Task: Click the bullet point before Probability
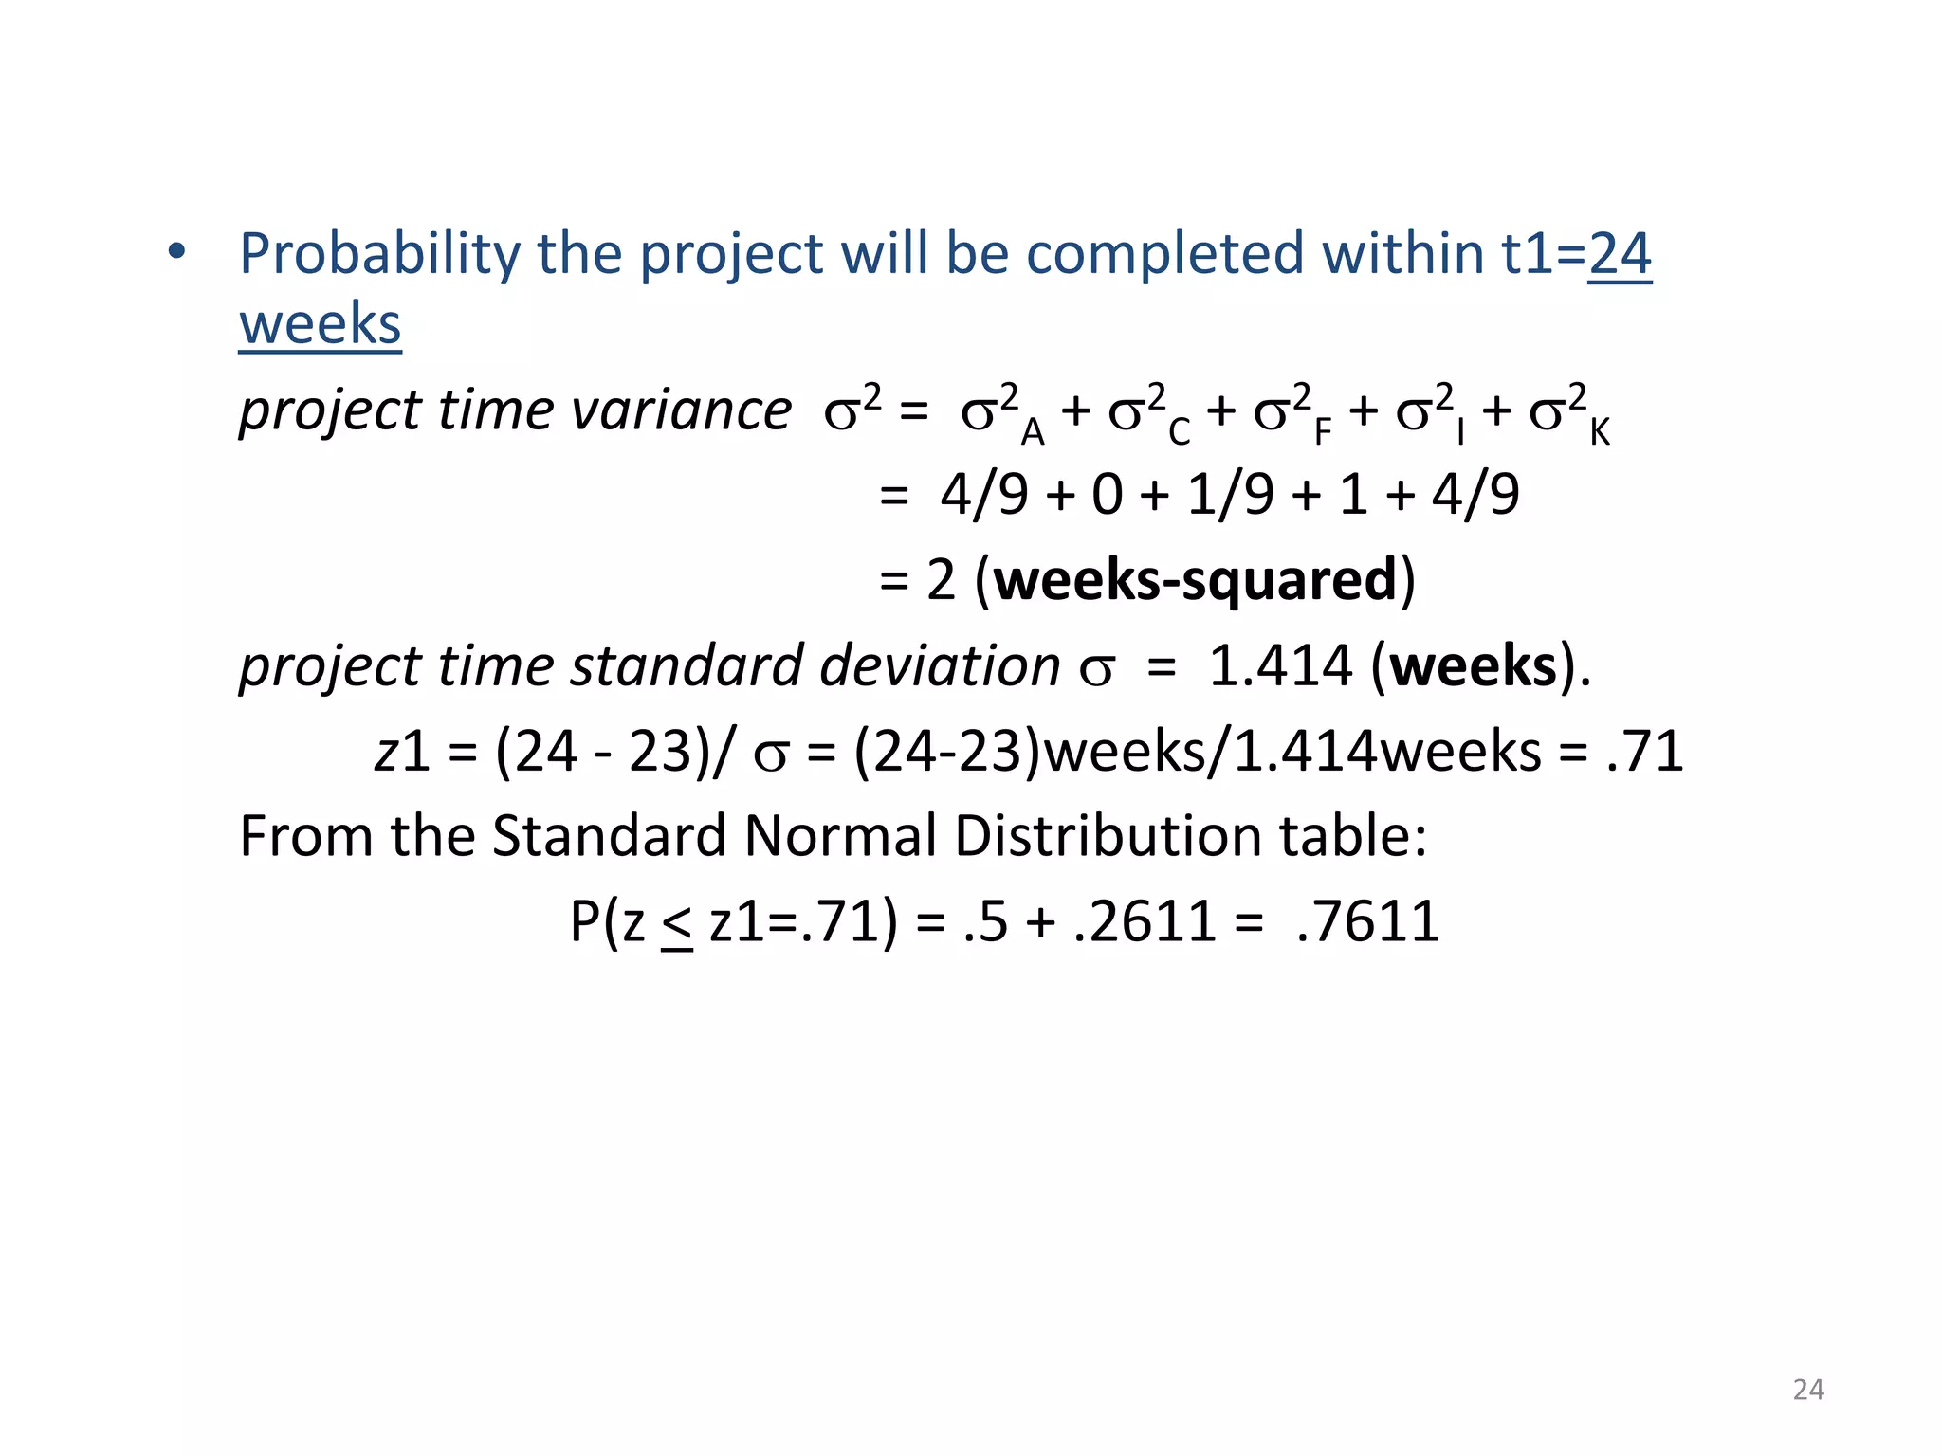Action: coord(176,253)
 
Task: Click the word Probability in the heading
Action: coord(379,254)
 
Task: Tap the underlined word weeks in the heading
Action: coord(320,324)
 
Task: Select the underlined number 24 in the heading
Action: coord(1620,254)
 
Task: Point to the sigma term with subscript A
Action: coord(1001,413)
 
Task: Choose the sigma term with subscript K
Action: coord(1568,413)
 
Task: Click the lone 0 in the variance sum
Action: coord(1107,495)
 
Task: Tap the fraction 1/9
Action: coord(1230,495)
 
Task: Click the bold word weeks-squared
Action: coord(1196,580)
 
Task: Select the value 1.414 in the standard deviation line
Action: coord(1279,665)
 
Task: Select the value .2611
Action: coord(1145,921)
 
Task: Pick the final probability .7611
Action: coord(1367,921)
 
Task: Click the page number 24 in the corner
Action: coord(1808,1390)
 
